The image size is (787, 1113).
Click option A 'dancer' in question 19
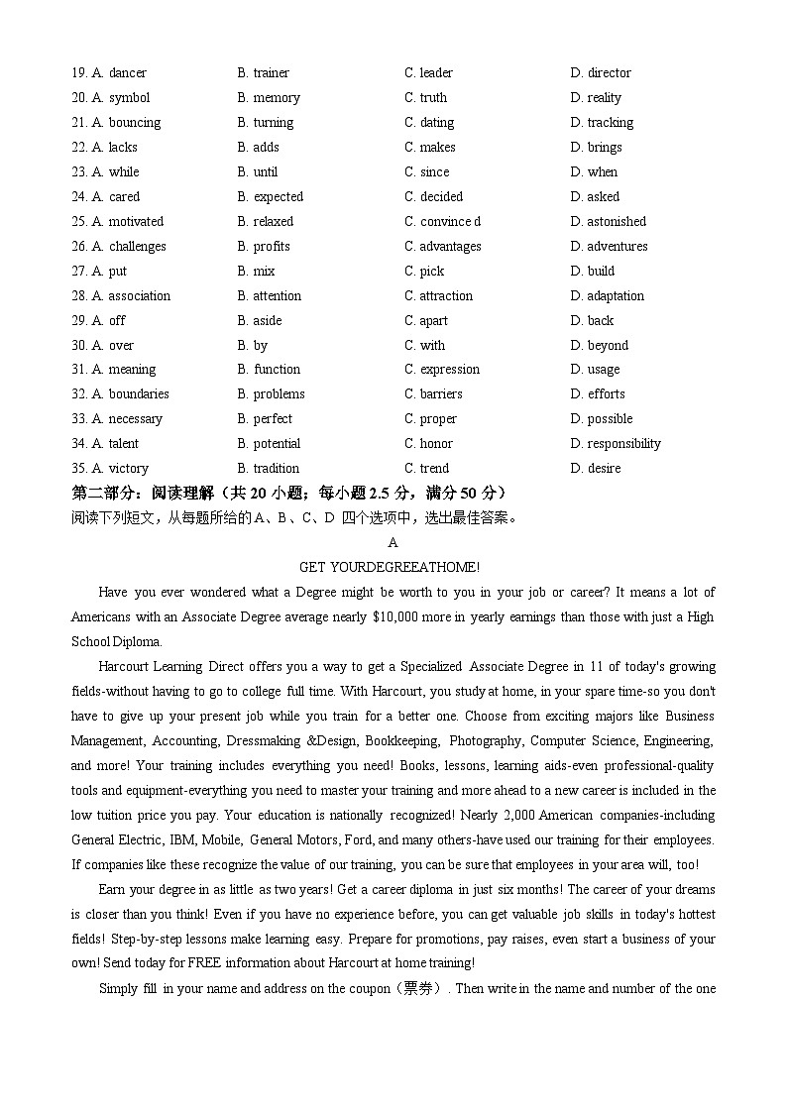tap(119, 72)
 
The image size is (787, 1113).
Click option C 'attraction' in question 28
tap(438, 295)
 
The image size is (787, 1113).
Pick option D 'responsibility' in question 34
tap(616, 443)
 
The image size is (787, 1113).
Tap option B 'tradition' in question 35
tap(268, 468)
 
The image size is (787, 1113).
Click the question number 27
tap(79, 271)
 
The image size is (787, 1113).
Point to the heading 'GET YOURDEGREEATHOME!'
tap(390, 567)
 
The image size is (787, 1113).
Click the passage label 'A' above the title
tap(393, 542)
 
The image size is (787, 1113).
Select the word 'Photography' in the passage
tap(485, 740)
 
